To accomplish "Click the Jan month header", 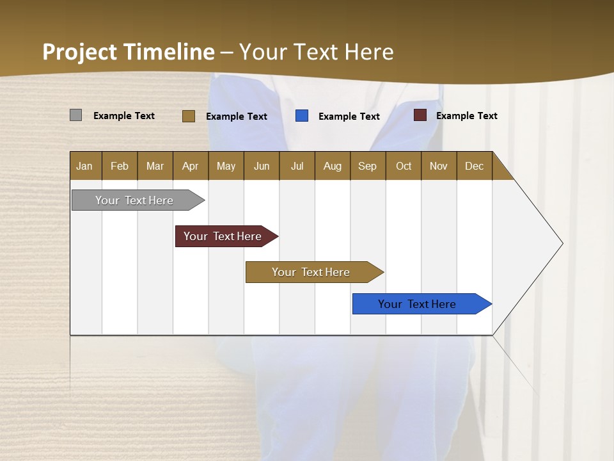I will [84, 166].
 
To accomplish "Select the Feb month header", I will [120, 166].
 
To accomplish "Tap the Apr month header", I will [190, 166].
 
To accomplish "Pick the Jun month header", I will [262, 166].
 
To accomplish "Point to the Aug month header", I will [332, 166].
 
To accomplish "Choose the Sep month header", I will [367, 166].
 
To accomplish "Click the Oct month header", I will [404, 166].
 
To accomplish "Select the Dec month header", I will [474, 166].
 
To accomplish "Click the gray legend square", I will [75, 115].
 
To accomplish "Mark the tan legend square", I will [188, 116].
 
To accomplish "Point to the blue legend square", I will [302, 116].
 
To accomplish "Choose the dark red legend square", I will [420, 115].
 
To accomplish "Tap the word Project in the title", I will [80, 52].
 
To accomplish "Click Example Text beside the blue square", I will [349, 117].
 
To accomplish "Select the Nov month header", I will [438, 166].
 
